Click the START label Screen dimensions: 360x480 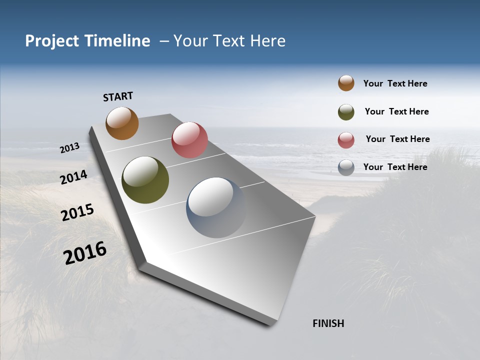[x=118, y=96]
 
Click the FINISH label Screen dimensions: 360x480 [x=328, y=323]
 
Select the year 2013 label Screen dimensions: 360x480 [x=70, y=148]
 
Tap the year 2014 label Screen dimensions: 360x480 [x=74, y=177]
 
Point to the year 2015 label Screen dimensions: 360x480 [x=77, y=212]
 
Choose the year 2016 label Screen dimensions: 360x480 [x=85, y=252]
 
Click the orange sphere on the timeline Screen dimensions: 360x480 [x=122, y=123]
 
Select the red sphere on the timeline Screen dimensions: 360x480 [x=189, y=140]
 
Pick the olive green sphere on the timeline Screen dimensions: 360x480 [x=145, y=180]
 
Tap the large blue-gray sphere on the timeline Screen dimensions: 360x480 [x=216, y=207]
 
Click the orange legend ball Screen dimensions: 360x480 [x=346, y=83]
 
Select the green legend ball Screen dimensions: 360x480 [x=346, y=112]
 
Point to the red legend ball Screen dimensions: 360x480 [x=346, y=140]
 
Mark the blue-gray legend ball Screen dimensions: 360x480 [x=346, y=167]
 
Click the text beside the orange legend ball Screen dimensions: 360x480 [x=395, y=84]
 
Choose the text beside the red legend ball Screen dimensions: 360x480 [x=397, y=139]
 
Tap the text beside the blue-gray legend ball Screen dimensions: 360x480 [x=395, y=167]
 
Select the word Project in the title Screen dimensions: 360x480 [x=51, y=41]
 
